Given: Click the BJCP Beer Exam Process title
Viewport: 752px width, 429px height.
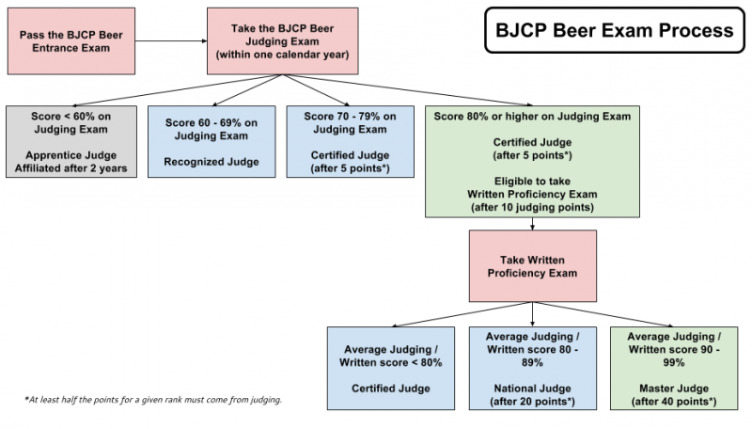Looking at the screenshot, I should click(611, 31).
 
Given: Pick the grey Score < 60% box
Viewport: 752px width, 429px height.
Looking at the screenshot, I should click(71, 142).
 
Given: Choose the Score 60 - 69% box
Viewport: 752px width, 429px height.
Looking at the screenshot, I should click(211, 142).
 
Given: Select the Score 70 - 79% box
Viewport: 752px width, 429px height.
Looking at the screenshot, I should click(348, 142).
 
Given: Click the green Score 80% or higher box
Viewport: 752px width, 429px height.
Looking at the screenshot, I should click(533, 161).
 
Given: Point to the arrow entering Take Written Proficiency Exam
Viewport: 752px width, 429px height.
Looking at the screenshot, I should click(533, 224).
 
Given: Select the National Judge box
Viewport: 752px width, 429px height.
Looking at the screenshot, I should click(533, 368).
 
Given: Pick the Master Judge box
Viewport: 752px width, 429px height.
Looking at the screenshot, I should click(672, 368).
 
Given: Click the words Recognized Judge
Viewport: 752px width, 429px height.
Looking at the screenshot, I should click(211, 161).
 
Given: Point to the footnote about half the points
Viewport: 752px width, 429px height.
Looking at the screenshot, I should click(153, 399).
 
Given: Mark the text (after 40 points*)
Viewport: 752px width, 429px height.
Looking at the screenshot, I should click(672, 402).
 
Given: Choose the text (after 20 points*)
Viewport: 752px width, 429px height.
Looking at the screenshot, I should click(533, 402).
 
